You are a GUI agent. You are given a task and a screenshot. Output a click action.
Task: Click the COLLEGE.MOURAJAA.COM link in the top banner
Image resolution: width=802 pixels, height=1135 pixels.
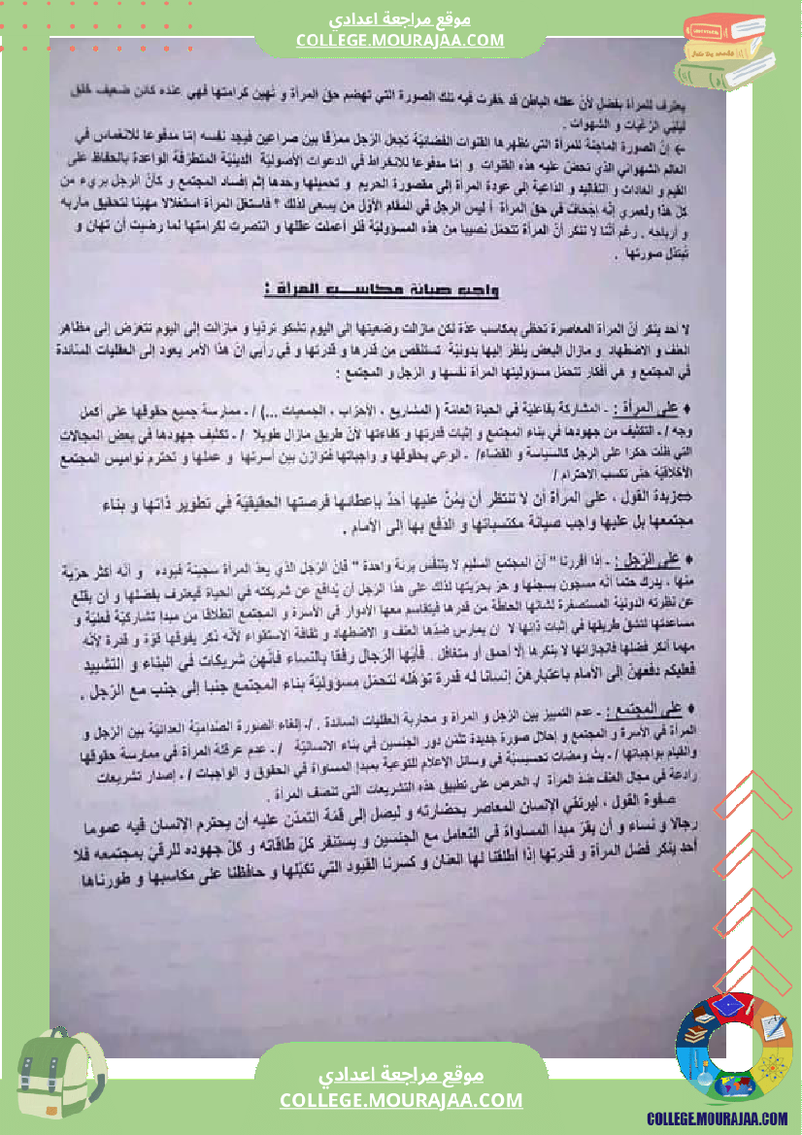[400, 40]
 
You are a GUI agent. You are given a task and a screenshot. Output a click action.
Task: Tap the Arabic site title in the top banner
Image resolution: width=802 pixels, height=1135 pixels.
[400, 19]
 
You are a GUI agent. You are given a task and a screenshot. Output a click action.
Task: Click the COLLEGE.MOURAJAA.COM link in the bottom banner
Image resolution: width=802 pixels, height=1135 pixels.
[401, 1100]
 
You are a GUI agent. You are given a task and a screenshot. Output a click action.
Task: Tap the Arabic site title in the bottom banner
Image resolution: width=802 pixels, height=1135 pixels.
[401, 1076]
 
